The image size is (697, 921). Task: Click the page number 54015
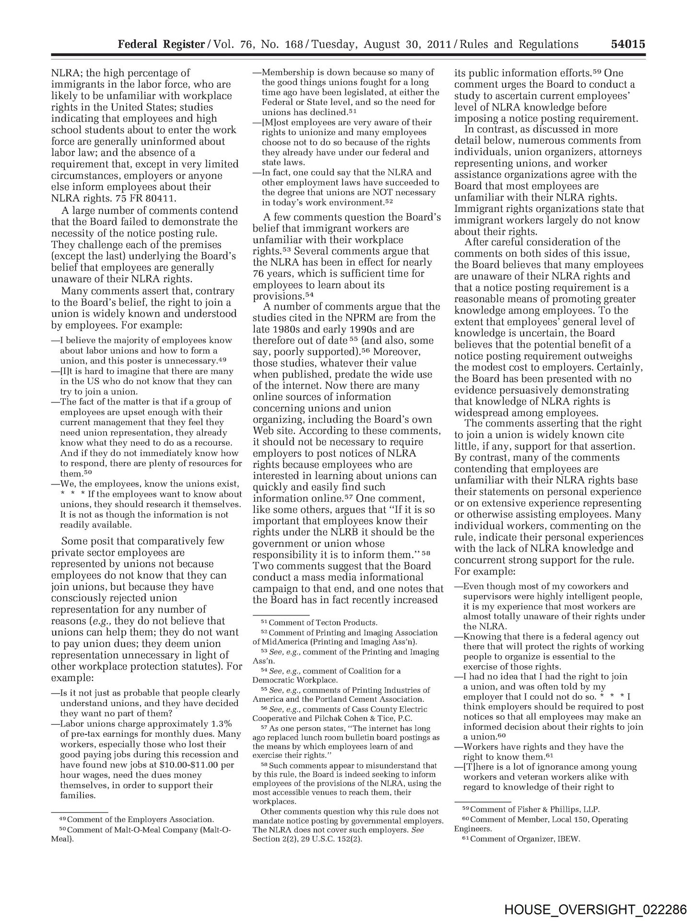pos(628,45)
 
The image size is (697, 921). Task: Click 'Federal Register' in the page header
pos(161,45)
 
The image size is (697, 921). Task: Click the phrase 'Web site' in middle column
pos(272,430)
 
